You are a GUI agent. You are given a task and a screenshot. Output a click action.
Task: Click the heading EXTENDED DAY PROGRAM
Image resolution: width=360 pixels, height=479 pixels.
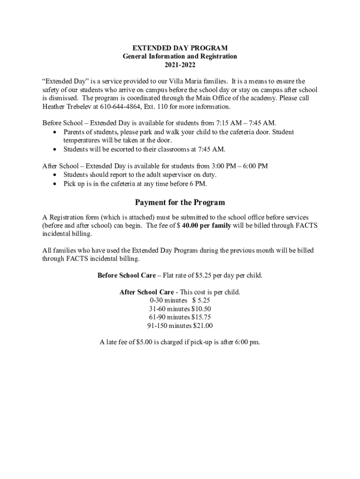pos(180,48)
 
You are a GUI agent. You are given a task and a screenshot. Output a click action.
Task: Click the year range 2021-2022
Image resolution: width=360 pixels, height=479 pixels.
pos(180,65)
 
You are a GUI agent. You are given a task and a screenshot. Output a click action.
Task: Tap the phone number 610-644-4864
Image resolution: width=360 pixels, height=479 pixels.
pos(120,107)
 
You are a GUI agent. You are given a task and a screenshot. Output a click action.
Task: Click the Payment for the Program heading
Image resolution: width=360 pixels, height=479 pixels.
pos(180,203)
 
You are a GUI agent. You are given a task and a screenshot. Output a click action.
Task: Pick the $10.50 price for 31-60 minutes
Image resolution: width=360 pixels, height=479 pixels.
pos(201,309)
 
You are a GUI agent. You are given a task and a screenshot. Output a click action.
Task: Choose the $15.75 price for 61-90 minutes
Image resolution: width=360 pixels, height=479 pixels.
pos(201,318)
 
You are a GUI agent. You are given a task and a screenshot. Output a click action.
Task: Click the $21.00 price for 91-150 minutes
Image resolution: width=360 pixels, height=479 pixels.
pos(202,326)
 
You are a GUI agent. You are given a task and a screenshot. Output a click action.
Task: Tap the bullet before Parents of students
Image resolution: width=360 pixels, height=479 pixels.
pos(56,132)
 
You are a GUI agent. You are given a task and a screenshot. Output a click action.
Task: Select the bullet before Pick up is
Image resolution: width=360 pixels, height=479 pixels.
pos(56,184)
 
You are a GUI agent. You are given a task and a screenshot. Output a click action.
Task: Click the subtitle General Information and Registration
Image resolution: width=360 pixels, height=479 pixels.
pos(180,56)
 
